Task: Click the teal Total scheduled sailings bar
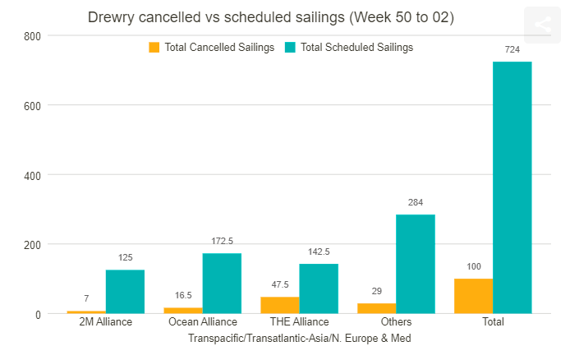pos(512,187)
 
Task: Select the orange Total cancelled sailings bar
pos(473,296)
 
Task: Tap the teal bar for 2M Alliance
pos(125,291)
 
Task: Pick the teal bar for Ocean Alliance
pos(222,283)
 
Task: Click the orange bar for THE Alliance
pos(279,305)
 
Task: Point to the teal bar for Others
pos(415,264)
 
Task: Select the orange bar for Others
pos(376,308)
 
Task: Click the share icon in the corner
pos(542,25)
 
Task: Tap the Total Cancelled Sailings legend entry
pos(211,48)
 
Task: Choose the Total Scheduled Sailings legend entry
pos(348,48)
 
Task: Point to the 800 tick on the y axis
pos(32,36)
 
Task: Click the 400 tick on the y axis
pos(32,175)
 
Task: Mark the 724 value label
pos(512,50)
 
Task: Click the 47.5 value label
pos(279,285)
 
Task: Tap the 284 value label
pos(415,202)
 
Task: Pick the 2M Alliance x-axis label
pos(105,321)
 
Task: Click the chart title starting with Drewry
pos(270,17)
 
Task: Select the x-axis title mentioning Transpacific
pos(299,338)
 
